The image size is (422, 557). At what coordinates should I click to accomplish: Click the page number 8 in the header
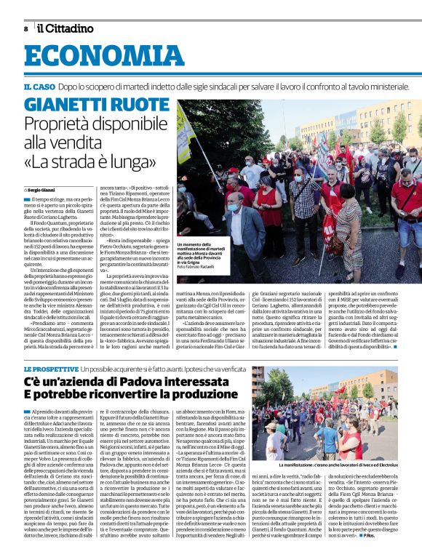point(25,28)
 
